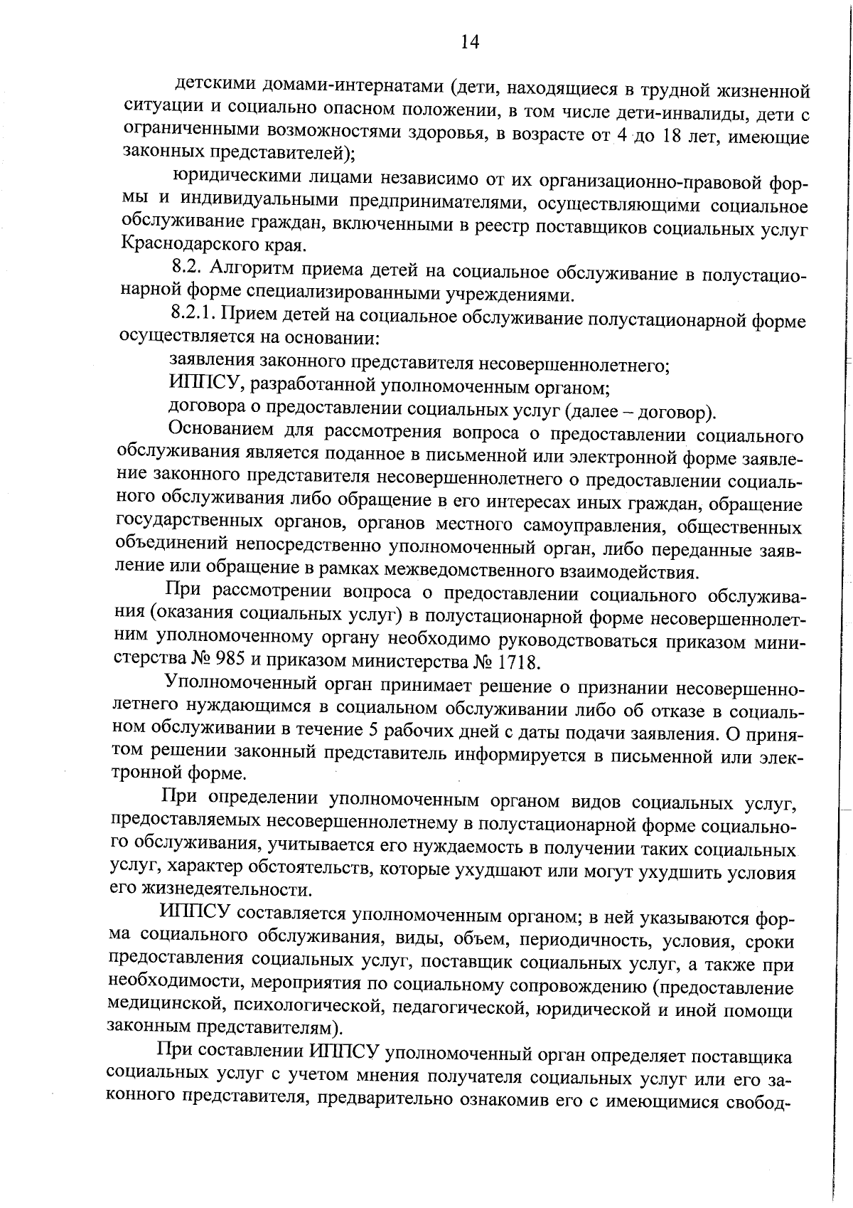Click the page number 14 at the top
click(x=470, y=43)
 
